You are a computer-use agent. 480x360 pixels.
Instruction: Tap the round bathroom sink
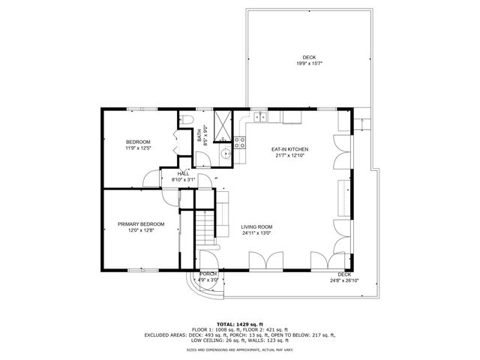225,154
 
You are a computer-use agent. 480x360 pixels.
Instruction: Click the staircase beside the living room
205,229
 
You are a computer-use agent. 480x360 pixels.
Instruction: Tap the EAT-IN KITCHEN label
289,149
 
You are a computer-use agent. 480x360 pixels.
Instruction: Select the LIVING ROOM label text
256,226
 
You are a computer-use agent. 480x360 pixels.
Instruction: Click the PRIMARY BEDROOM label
141,224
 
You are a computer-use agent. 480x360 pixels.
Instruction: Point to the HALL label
184,173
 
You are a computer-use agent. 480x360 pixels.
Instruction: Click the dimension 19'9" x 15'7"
309,64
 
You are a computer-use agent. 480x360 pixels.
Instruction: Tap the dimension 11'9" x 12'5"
138,148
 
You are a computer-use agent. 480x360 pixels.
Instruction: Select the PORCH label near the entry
208,274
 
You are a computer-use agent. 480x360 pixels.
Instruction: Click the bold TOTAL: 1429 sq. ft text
239,322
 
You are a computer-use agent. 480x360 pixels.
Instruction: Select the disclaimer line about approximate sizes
239,349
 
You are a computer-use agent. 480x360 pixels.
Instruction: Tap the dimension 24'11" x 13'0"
256,233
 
